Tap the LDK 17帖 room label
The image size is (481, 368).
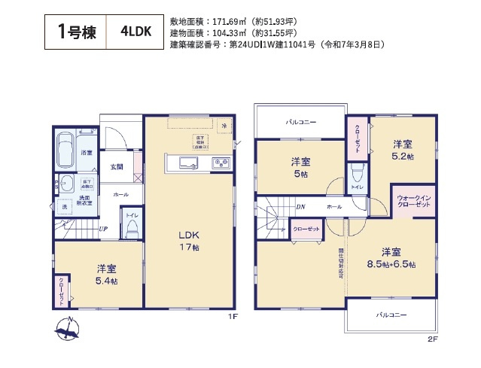pos(188,240)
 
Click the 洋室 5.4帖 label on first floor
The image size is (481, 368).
pos(105,274)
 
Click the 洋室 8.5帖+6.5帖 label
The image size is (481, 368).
pos(391,257)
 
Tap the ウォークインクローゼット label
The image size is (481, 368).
pos(413,202)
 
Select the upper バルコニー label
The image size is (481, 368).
pos(300,122)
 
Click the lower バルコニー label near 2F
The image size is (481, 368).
pos(391,315)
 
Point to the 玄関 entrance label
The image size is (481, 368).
pos(117,167)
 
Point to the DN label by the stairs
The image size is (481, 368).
pos(300,206)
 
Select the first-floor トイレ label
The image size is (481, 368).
pos(131,215)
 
